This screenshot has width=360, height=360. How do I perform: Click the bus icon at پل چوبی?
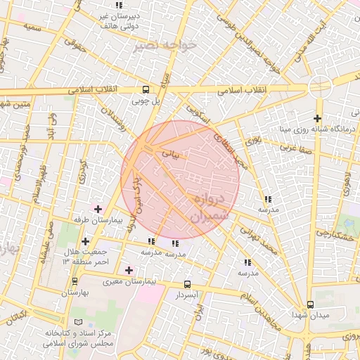click(146, 89)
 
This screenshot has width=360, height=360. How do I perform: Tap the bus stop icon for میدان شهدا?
click(310, 304)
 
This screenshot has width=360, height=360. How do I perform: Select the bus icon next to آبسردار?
click(187, 284)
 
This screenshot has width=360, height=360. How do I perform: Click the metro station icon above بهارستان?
click(74, 280)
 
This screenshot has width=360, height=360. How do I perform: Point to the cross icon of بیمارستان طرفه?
click(98, 209)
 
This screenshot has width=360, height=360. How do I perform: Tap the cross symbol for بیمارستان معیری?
click(129, 270)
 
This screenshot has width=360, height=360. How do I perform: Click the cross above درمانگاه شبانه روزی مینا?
click(318, 118)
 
